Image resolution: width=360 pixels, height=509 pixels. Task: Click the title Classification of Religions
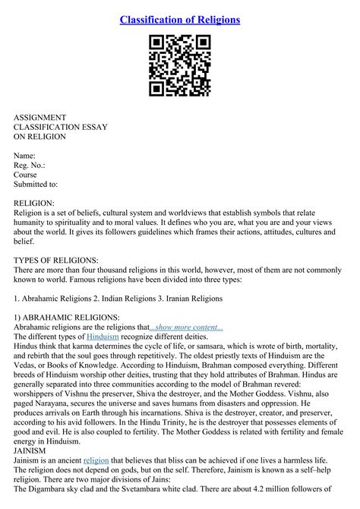click(180, 19)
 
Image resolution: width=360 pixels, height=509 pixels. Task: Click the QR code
click(180, 66)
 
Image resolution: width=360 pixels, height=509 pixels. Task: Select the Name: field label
click(27, 155)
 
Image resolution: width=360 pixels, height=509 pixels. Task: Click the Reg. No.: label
click(30, 165)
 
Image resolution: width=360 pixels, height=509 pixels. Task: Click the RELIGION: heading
click(34, 203)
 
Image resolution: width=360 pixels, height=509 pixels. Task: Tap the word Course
click(26, 174)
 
